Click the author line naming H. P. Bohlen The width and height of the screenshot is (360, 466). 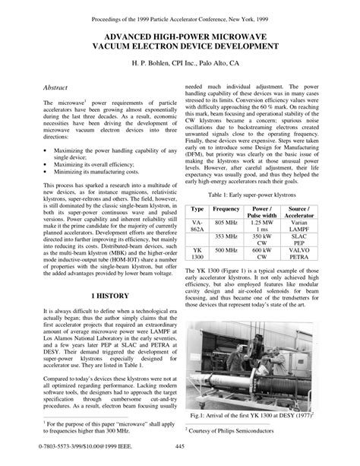179,64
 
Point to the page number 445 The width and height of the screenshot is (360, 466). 180,445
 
